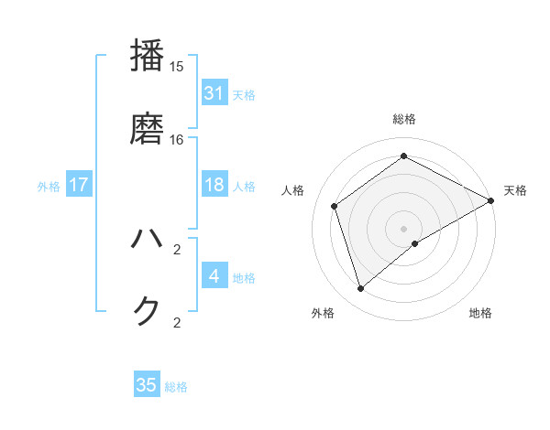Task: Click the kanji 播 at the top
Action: click(148, 56)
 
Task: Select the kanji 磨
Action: click(148, 128)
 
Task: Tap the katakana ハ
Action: click(148, 240)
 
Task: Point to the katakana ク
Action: click(148, 311)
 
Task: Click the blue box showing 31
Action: click(214, 93)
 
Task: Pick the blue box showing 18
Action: click(214, 185)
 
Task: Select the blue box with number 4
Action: click(214, 276)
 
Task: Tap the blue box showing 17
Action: click(79, 185)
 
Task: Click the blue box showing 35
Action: click(147, 385)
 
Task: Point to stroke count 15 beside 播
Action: click(176, 67)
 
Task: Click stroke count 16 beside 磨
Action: click(176, 140)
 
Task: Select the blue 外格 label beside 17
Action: click(49, 186)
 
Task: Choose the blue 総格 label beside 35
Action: click(176, 386)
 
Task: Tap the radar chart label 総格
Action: click(404, 119)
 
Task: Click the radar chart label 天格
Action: click(515, 190)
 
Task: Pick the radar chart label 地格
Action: click(480, 313)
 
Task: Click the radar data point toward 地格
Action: click(415, 243)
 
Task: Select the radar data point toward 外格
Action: click(361, 289)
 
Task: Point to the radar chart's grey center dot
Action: click(404, 228)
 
